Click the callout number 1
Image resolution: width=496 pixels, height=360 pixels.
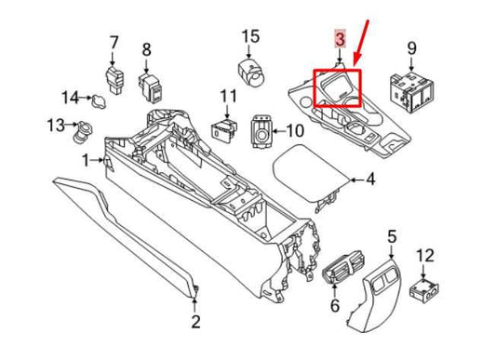click(86, 160)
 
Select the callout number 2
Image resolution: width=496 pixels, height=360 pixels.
click(195, 323)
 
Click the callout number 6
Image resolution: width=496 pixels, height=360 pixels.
click(334, 304)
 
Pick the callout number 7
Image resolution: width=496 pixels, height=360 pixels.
click(114, 43)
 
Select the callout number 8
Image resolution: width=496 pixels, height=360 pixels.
click(146, 48)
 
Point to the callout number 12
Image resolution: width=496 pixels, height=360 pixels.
click(425, 255)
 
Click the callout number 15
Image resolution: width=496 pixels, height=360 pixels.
click(250, 37)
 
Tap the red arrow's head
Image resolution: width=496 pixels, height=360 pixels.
click(353, 64)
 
